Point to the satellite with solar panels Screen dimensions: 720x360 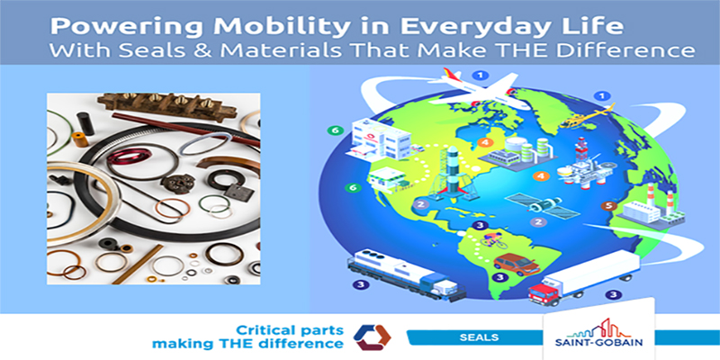tap(543, 205)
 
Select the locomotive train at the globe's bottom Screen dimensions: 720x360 tap(406, 274)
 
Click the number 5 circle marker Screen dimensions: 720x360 tap(608, 206)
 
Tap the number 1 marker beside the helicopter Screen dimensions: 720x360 tap(598, 96)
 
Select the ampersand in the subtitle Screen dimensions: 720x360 tap(204, 49)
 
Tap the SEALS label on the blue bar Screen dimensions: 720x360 tap(479, 337)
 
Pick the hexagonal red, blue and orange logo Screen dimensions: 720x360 tap(372, 337)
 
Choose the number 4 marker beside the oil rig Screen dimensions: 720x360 tap(542, 175)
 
